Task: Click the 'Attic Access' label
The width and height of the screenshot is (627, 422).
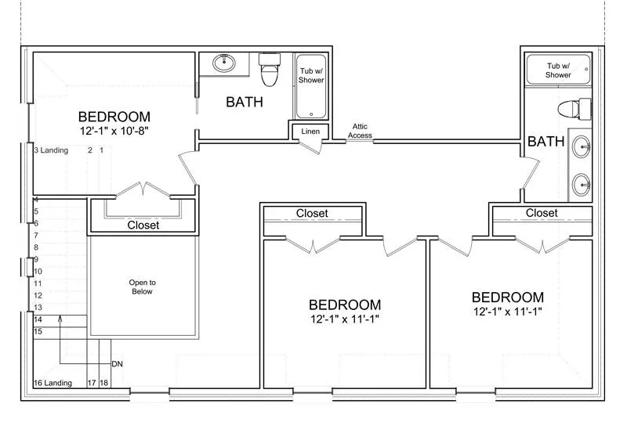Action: click(x=360, y=131)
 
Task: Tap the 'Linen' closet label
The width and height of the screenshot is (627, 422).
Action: click(x=310, y=131)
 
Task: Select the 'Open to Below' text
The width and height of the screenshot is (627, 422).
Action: click(x=143, y=287)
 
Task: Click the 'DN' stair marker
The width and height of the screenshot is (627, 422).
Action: click(x=117, y=364)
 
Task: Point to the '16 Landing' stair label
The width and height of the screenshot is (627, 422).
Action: click(x=53, y=383)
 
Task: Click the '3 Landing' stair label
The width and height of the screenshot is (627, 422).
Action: click(x=51, y=150)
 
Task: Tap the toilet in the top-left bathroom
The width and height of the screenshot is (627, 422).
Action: click(x=269, y=69)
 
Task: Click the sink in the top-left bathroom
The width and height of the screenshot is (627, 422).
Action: click(x=224, y=63)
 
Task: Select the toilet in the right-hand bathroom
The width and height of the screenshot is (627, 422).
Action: click(x=574, y=108)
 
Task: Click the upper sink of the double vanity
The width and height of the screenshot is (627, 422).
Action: click(x=582, y=146)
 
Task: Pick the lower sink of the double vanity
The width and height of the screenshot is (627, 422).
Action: click(x=582, y=185)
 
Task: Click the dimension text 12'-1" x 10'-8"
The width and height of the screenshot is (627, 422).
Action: click(x=114, y=131)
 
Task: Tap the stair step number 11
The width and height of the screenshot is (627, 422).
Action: click(x=38, y=283)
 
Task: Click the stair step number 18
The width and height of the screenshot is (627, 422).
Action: click(x=103, y=383)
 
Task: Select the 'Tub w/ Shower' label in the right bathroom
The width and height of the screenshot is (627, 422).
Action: click(x=558, y=70)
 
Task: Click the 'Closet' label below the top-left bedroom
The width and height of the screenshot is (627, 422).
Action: click(x=143, y=225)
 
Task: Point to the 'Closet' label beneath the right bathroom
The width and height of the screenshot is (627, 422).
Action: click(x=542, y=213)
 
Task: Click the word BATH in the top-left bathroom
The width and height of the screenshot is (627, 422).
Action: click(x=245, y=102)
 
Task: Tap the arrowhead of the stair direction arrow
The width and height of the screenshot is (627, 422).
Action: click(x=60, y=318)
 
